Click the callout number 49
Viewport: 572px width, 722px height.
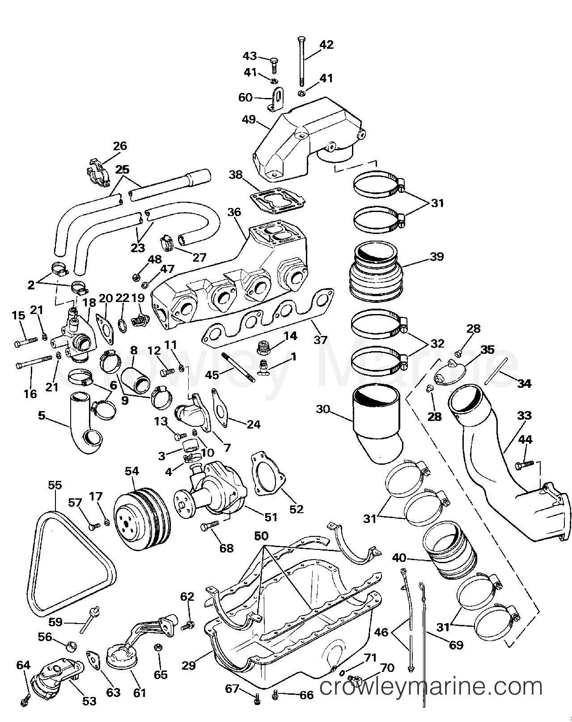point(249,120)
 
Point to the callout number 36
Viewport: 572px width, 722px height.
point(234,212)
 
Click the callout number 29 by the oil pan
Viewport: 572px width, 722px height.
point(189,665)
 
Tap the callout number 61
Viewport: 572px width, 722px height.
point(140,693)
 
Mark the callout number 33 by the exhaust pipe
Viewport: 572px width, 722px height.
point(525,415)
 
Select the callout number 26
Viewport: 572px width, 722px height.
point(119,146)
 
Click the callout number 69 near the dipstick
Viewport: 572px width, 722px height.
point(456,645)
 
